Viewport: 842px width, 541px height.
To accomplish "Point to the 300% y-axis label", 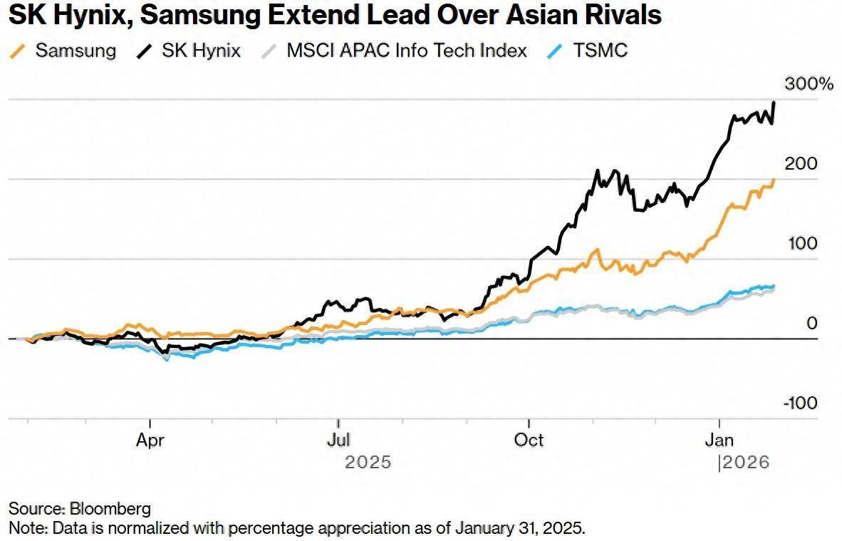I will point(809,84).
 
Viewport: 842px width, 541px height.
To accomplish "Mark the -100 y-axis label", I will point(801,403).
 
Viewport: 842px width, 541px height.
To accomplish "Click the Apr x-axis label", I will point(150,440).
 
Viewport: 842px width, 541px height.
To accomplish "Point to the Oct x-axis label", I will point(529,440).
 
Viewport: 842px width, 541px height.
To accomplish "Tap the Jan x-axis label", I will point(719,440).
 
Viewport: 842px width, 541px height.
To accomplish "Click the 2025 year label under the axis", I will point(368,463).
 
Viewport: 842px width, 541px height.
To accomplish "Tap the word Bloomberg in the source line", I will point(110,508).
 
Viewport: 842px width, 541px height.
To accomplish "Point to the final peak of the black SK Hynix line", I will point(774,103).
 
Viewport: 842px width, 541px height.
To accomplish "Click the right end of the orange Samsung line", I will point(774,180).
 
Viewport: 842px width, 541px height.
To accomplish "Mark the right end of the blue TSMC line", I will point(774,287).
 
